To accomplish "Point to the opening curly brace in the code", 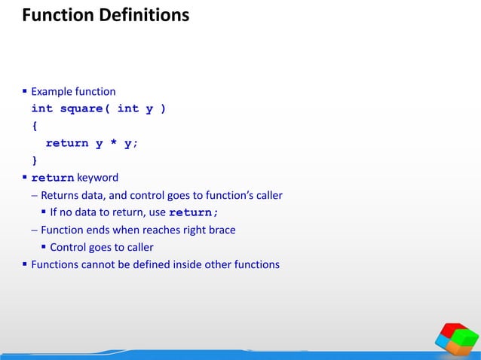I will (x=35, y=126).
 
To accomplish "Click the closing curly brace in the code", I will (x=35, y=160).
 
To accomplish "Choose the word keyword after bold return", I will (x=97, y=178).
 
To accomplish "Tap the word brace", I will (x=222, y=230).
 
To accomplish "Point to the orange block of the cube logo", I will (x=446, y=344).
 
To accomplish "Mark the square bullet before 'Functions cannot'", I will (x=25, y=264).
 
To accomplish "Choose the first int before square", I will (x=41, y=108).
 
